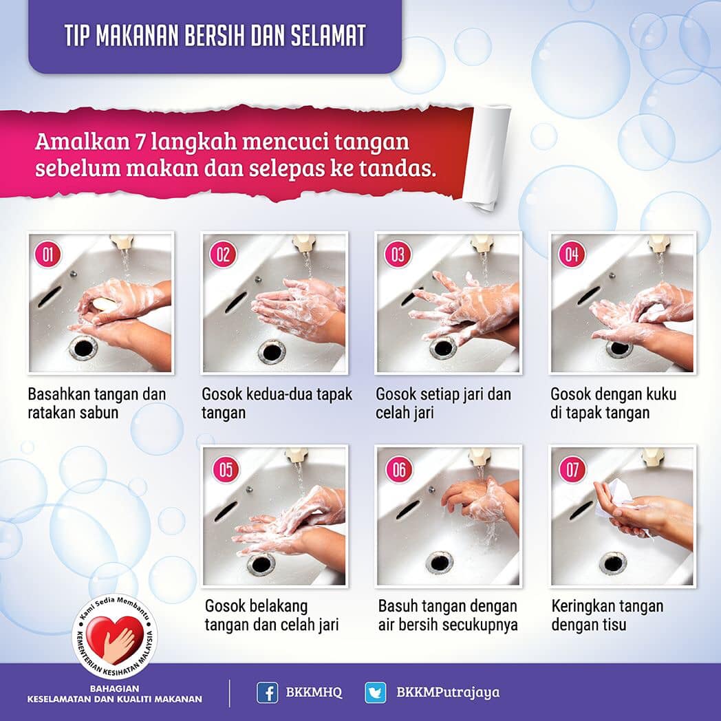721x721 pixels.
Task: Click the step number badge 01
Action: pyautogui.click(x=48, y=255)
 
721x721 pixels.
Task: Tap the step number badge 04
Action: pyautogui.click(x=572, y=255)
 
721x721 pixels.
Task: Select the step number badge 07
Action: pyautogui.click(x=572, y=469)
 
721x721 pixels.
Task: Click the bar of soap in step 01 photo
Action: pyautogui.click(x=103, y=304)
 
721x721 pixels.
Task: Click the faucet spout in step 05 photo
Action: pyautogui.click(x=297, y=455)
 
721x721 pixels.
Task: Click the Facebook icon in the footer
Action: pyautogui.click(x=267, y=693)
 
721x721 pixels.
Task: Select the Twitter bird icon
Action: pyautogui.click(x=376, y=693)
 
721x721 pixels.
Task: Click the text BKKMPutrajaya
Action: pyautogui.click(x=448, y=693)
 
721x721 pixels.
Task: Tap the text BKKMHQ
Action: pyautogui.click(x=314, y=693)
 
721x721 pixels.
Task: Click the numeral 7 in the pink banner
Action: pyautogui.click(x=140, y=142)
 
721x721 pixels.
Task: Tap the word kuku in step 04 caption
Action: pyautogui.click(x=661, y=394)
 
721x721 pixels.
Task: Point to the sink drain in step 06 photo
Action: pyautogui.click(x=439, y=563)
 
